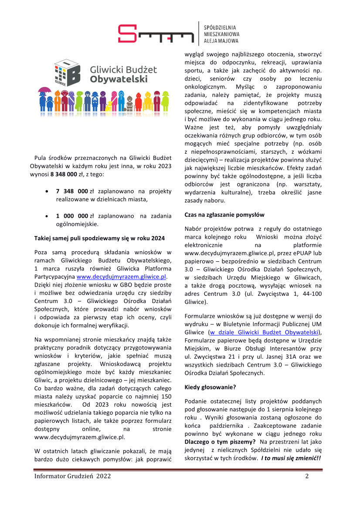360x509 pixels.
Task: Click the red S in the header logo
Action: (127, 34)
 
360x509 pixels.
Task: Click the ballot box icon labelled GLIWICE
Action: (67, 73)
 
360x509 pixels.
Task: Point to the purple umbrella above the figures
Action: (43, 90)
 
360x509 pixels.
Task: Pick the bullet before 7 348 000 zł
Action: (47, 191)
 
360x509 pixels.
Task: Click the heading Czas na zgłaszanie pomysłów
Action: (224, 215)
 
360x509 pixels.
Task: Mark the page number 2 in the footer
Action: (307, 476)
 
